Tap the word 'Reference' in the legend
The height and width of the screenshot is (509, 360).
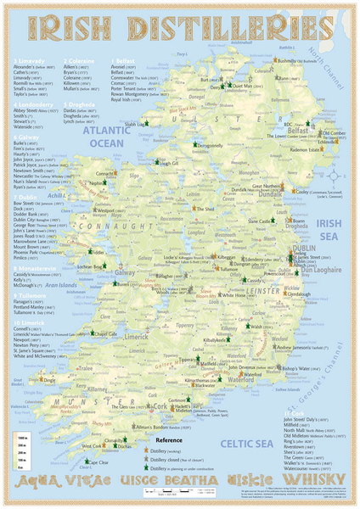(168, 440)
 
